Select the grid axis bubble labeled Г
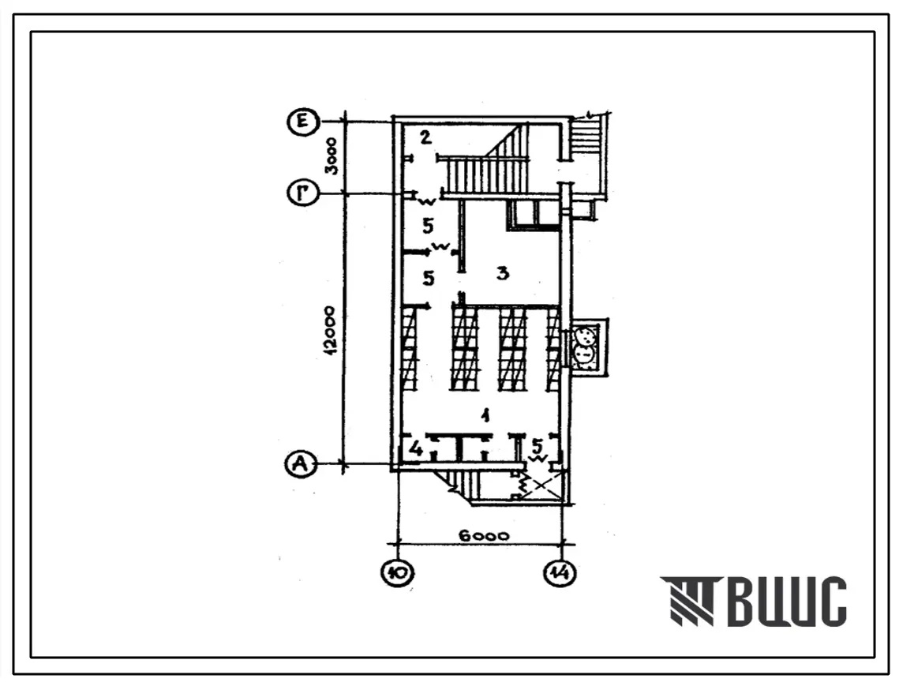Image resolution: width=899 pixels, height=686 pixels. click(303, 193)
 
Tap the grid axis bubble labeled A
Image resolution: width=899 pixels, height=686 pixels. click(299, 466)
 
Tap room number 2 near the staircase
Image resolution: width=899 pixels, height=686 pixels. click(425, 138)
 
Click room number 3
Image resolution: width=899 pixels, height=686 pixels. click(501, 274)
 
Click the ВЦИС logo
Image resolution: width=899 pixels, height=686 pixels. click(754, 602)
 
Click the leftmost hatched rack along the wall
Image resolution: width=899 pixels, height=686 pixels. click(409, 348)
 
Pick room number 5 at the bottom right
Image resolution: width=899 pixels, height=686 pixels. click(538, 445)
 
